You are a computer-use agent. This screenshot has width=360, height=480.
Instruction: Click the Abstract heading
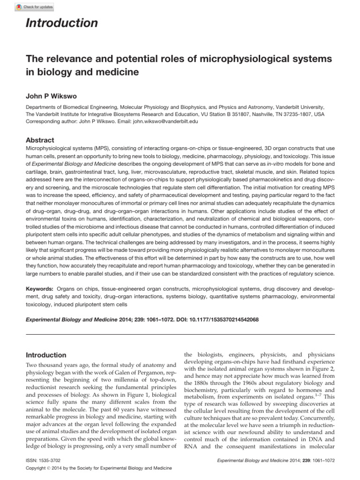click(40, 140)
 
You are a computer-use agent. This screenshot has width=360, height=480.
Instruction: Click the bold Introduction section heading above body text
click(45, 355)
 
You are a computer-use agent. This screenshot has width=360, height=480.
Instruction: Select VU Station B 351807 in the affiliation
click(205, 114)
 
